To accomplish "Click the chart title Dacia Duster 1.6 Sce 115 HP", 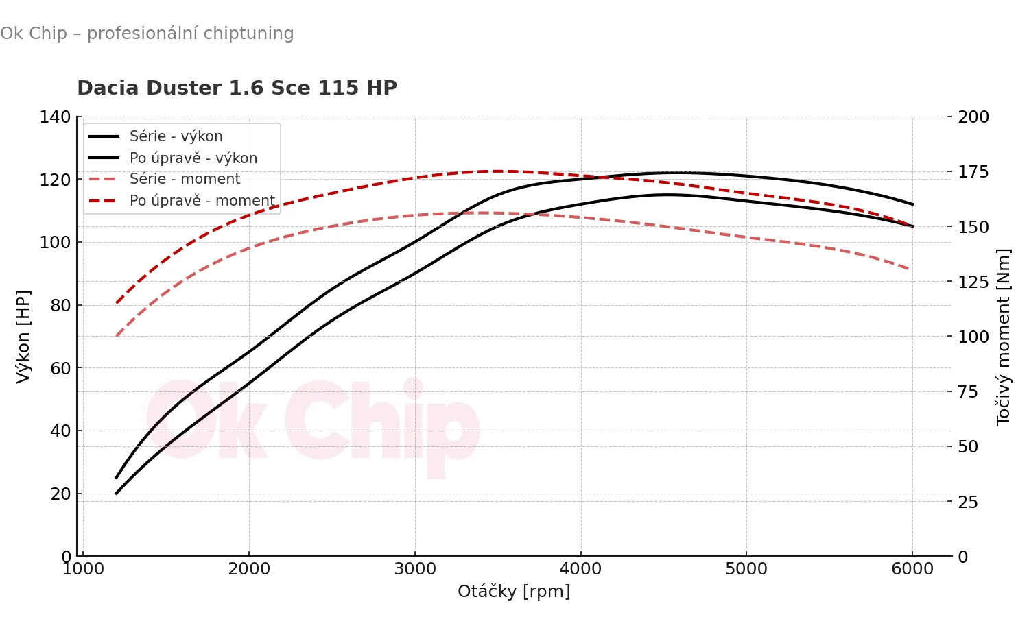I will [x=237, y=88].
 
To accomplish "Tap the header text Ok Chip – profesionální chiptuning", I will [x=147, y=34].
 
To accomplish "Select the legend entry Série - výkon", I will [x=176, y=136].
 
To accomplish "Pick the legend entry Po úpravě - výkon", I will [x=193, y=158].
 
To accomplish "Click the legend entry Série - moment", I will [x=185, y=179].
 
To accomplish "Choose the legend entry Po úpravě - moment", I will [x=202, y=201].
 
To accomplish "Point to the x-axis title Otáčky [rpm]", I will [x=514, y=591].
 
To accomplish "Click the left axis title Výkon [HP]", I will [x=23, y=336].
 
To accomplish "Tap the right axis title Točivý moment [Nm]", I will [x=1004, y=337].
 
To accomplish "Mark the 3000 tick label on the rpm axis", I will [x=415, y=569].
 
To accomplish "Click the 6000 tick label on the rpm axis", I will [x=912, y=569].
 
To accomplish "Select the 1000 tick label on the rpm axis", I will [x=83, y=569].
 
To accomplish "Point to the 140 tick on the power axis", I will [x=55, y=117].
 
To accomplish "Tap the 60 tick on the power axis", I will [x=60, y=368].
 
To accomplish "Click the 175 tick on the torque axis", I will [x=973, y=172].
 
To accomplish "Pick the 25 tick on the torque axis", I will [x=968, y=502].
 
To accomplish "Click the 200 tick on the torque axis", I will [x=973, y=117].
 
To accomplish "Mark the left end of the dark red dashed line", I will [x=117, y=302].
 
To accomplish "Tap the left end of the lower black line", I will [x=117, y=493].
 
